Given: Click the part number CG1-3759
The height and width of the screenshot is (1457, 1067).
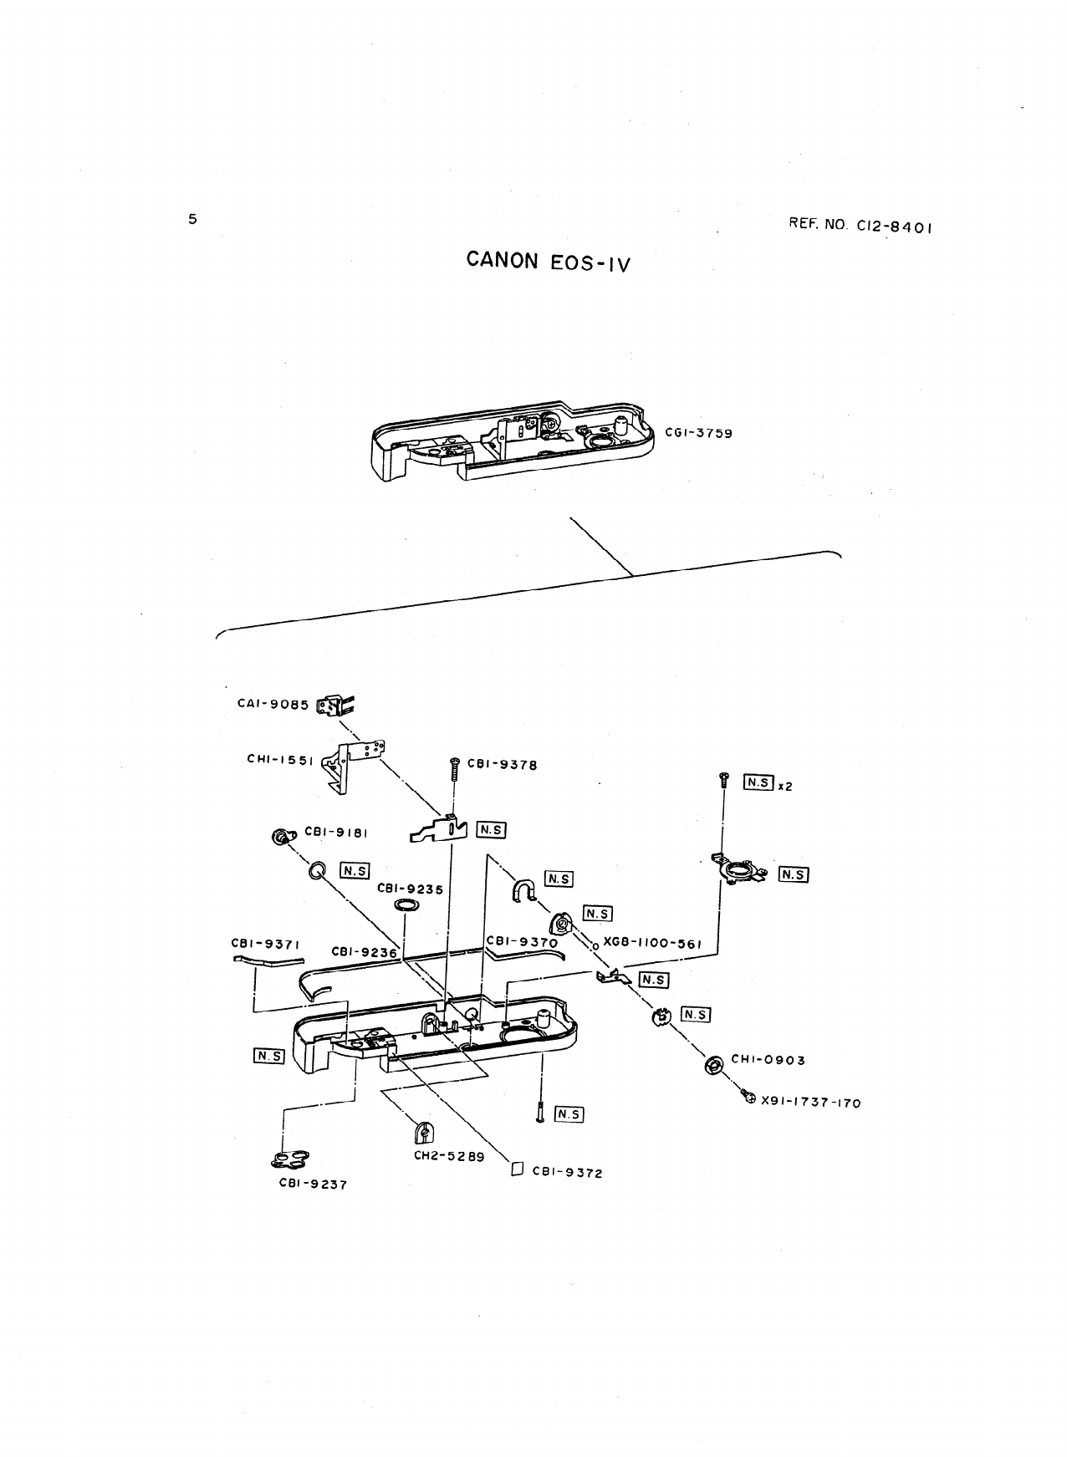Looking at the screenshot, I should pyautogui.click(x=698, y=433).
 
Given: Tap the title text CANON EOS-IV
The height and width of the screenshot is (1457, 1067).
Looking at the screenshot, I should pyautogui.click(x=548, y=262).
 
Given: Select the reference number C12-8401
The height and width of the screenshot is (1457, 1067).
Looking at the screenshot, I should pyautogui.click(x=860, y=225).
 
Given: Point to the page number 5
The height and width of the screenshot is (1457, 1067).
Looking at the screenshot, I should pyautogui.click(x=192, y=219).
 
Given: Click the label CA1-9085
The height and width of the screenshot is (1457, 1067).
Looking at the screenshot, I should pyautogui.click(x=273, y=704).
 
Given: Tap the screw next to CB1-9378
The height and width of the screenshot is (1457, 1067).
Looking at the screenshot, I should pyautogui.click(x=455, y=767).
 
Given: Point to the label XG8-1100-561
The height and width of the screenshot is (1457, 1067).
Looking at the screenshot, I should pyautogui.click(x=651, y=943).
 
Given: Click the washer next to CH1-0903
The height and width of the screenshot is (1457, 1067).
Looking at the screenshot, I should pyautogui.click(x=713, y=1065).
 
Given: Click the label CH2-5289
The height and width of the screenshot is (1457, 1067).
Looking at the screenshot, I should pyautogui.click(x=449, y=1157).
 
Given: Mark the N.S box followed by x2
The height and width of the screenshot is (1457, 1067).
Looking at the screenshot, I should pyautogui.click(x=758, y=783).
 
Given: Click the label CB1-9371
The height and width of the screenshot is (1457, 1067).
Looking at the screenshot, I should pyautogui.click(x=265, y=944).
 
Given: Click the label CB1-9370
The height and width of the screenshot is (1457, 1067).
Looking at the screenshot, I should pyautogui.click(x=522, y=942).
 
